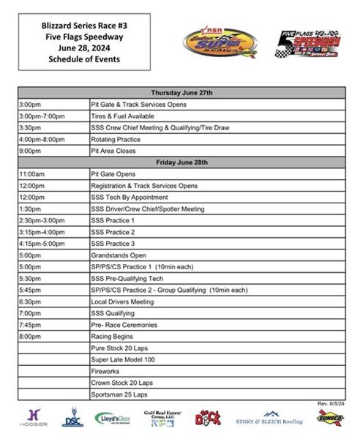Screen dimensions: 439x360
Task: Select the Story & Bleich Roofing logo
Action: click(x=269, y=419)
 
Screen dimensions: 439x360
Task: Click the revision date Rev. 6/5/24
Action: click(x=331, y=403)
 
